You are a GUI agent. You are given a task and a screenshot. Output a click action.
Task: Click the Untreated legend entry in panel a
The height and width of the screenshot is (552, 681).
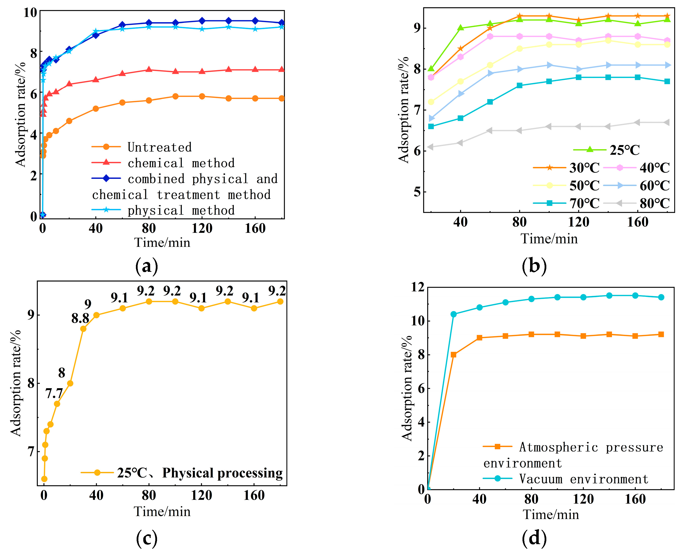click(159, 147)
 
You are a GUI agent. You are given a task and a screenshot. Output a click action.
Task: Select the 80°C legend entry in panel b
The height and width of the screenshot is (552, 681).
click(654, 203)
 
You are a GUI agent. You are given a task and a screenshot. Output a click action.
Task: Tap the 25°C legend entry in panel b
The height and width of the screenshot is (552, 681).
click(624, 150)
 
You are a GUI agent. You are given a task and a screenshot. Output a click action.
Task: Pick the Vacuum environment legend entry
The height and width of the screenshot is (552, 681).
click(583, 479)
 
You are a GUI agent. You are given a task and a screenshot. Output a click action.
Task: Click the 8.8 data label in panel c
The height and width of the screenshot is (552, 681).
click(80, 318)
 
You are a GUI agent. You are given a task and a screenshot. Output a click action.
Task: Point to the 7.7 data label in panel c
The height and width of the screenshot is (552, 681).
click(54, 394)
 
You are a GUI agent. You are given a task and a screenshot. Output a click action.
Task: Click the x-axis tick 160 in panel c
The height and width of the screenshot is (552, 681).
click(254, 495)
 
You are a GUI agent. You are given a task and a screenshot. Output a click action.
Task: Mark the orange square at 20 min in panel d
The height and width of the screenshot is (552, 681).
click(454, 354)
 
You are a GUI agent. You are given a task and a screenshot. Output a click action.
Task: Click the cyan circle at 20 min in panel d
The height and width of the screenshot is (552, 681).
click(454, 314)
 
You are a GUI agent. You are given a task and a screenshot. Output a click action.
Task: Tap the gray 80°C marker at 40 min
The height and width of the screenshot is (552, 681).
click(460, 143)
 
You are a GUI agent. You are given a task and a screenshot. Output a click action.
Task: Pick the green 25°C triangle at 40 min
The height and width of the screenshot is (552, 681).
click(460, 28)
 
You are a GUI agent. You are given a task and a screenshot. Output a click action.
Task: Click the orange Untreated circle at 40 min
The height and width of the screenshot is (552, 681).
click(96, 109)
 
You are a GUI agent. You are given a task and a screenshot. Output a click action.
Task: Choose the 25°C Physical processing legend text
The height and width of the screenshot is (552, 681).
click(200, 473)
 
